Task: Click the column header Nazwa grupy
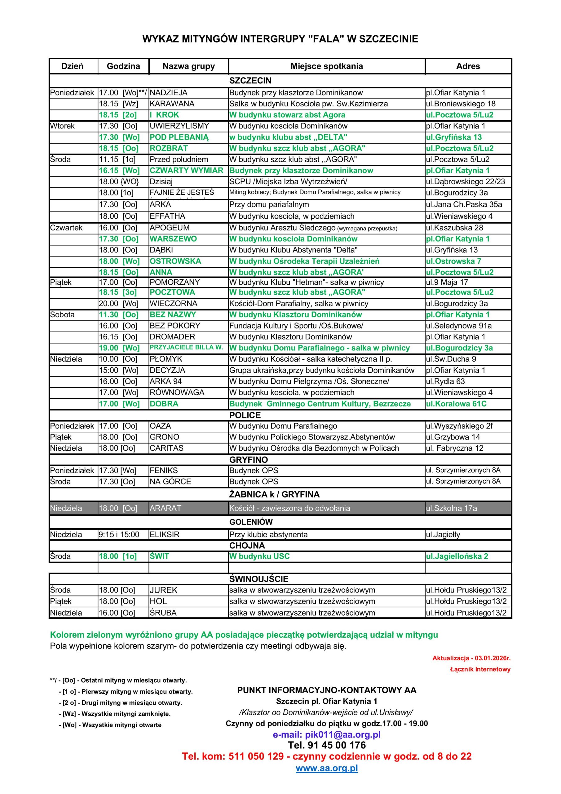[188, 66]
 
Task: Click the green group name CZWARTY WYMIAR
[186, 171]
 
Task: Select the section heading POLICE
[245, 415]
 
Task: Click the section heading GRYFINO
[249, 460]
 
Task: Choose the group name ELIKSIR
[164, 534]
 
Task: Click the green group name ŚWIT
[159, 556]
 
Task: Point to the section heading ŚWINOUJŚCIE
[258, 579]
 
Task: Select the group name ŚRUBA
[163, 613]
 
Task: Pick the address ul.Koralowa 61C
[456, 404]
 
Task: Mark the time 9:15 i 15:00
[119, 534]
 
